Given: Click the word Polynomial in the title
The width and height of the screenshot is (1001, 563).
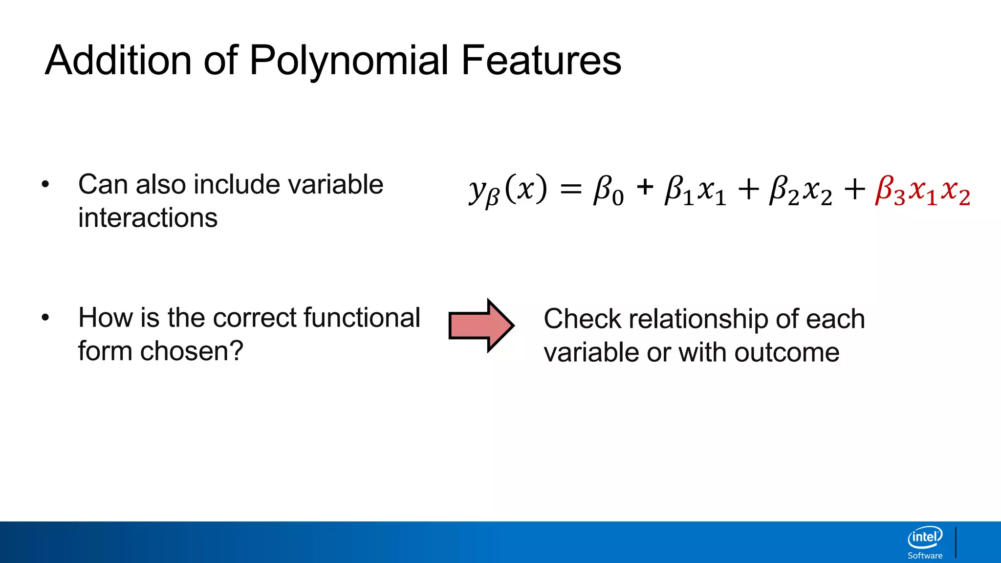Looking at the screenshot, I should (x=348, y=61).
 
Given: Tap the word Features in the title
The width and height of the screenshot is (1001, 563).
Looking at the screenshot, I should (x=541, y=60).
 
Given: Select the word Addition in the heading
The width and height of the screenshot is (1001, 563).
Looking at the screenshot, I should (x=118, y=60).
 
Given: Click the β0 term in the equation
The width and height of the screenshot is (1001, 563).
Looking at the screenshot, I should (x=608, y=191).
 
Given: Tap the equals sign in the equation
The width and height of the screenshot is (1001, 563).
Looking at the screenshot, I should (x=571, y=190).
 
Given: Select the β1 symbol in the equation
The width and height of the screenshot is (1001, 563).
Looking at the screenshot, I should (x=678, y=191).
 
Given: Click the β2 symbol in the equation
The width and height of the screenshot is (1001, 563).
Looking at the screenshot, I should (x=783, y=191).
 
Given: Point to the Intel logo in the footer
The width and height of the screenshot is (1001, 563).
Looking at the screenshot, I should (x=925, y=538).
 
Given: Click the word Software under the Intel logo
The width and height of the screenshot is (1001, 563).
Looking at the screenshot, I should (x=925, y=556).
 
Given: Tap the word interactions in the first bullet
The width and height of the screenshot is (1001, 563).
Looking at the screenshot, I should (x=148, y=217).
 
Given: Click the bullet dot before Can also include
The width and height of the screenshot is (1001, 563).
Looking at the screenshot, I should (x=45, y=185).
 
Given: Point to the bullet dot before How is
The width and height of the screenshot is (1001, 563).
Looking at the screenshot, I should (x=45, y=318).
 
